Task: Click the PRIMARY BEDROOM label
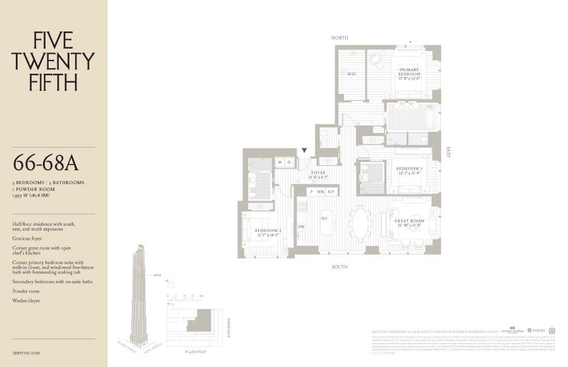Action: (409, 73)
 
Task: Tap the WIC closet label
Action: (352, 74)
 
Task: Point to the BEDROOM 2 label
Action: (268, 232)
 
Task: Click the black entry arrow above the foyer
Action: (305, 151)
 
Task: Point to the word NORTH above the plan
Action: (340, 38)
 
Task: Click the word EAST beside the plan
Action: (449, 152)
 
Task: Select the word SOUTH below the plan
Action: (341, 267)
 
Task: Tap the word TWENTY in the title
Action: (54, 61)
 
